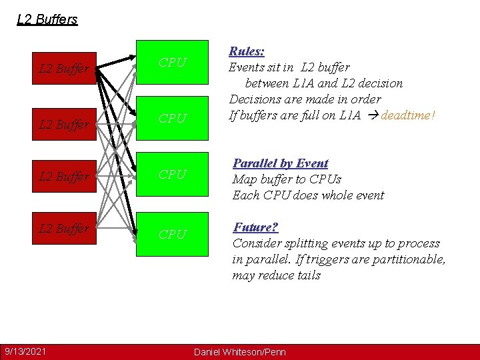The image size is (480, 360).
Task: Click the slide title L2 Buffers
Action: (x=47, y=19)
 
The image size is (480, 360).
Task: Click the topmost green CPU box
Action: (x=172, y=63)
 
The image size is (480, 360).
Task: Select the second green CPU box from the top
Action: (x=172, y=119)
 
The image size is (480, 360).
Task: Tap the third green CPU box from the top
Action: (x=172, y=175)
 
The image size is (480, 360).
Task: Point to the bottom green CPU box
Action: (x=172, y=234)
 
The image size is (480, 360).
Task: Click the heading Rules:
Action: (x=247, y=51)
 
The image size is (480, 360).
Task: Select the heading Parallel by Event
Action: (x=280, y=163)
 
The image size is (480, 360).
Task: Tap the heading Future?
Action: (x=255, y=227)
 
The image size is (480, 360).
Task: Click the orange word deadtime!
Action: (x=408, y=115)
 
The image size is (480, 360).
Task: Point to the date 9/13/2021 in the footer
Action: (x=25, y=351)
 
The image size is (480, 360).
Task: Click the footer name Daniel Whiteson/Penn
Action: (x=239, y=351)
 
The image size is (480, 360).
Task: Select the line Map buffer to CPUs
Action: (x=287, y=179)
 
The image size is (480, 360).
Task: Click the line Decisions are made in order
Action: (x=305, y=99)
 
